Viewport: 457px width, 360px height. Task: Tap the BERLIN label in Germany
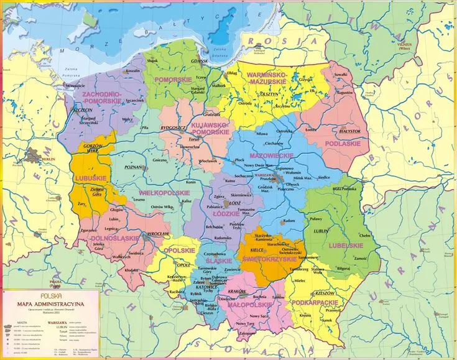click(47, 160)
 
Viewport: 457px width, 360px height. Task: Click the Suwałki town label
click(341, 75)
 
